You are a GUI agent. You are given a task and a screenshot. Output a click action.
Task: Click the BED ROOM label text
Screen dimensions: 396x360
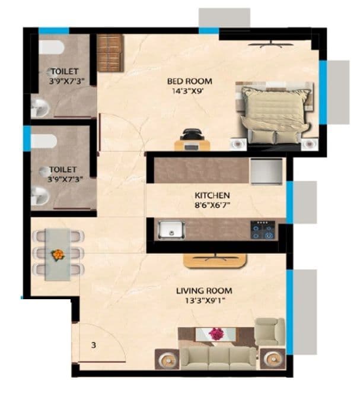click(190, 81)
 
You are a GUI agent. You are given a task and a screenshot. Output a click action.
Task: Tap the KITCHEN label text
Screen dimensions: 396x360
click(212, 195)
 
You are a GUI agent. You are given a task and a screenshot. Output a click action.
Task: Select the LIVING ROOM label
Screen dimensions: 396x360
click(203, 291)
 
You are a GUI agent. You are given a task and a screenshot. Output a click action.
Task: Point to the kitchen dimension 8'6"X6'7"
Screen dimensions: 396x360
click(212, 205)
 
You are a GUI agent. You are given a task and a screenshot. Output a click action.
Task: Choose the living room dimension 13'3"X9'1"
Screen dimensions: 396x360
click(203, 302)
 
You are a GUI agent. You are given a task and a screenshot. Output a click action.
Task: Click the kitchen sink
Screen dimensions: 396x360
click(171, 229)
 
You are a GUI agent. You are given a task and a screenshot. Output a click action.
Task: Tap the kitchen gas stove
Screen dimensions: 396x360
click(262, 229)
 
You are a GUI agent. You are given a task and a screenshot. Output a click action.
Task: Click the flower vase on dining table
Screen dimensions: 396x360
click(58, 254)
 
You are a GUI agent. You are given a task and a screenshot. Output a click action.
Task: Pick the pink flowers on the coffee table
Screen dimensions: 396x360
click(216, 334)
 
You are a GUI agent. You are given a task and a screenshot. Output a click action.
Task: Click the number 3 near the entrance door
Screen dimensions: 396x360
click(94, 344)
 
